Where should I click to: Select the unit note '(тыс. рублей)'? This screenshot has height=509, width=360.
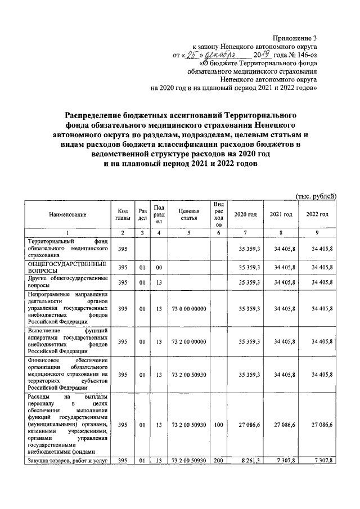pos(316,196)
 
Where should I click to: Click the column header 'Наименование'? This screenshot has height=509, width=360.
pos(67,214)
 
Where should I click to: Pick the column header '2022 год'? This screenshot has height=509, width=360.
pos(317,214)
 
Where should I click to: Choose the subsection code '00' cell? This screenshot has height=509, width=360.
pos(159,267)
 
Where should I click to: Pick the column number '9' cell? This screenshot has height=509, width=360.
pos(317,233)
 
